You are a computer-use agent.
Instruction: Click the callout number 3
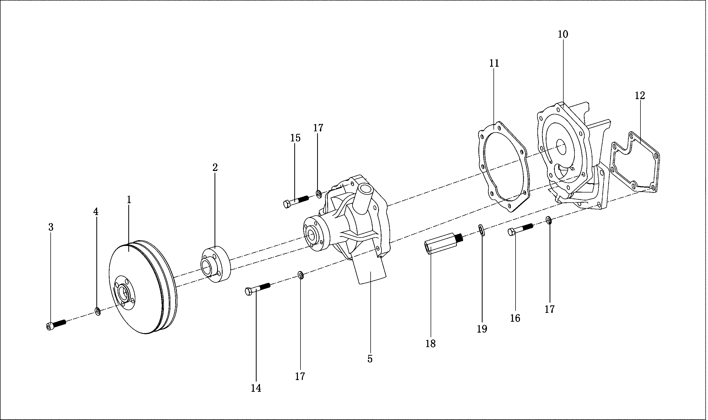pos(51,227)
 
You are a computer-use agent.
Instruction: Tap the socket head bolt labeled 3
pos(56,325)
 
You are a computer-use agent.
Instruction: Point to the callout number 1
pos(129,200)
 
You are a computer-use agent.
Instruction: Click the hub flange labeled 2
pos(216,265)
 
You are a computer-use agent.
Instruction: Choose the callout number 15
pos(295,138)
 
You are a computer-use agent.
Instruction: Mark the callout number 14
pos(256,389)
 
